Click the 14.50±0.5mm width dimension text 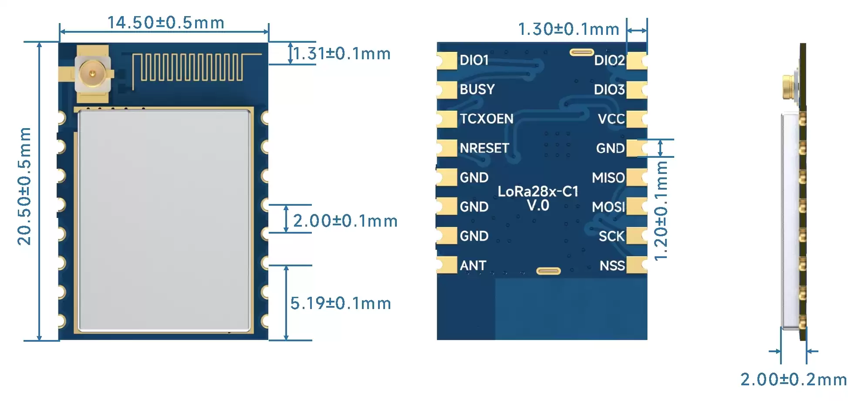166,23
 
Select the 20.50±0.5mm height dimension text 25,186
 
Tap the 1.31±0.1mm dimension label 342,54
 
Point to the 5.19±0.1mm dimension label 341,303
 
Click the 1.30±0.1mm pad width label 568,29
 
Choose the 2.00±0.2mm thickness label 793,380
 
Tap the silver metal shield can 164,220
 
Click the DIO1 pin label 474,60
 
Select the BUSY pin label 477,89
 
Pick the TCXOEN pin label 487,119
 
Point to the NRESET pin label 484,148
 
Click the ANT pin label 473,265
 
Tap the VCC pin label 611,119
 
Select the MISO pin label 608,177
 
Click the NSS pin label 612,265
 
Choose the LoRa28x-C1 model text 538,191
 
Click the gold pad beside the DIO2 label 636,61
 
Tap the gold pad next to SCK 636,236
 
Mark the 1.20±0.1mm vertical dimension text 661,211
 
